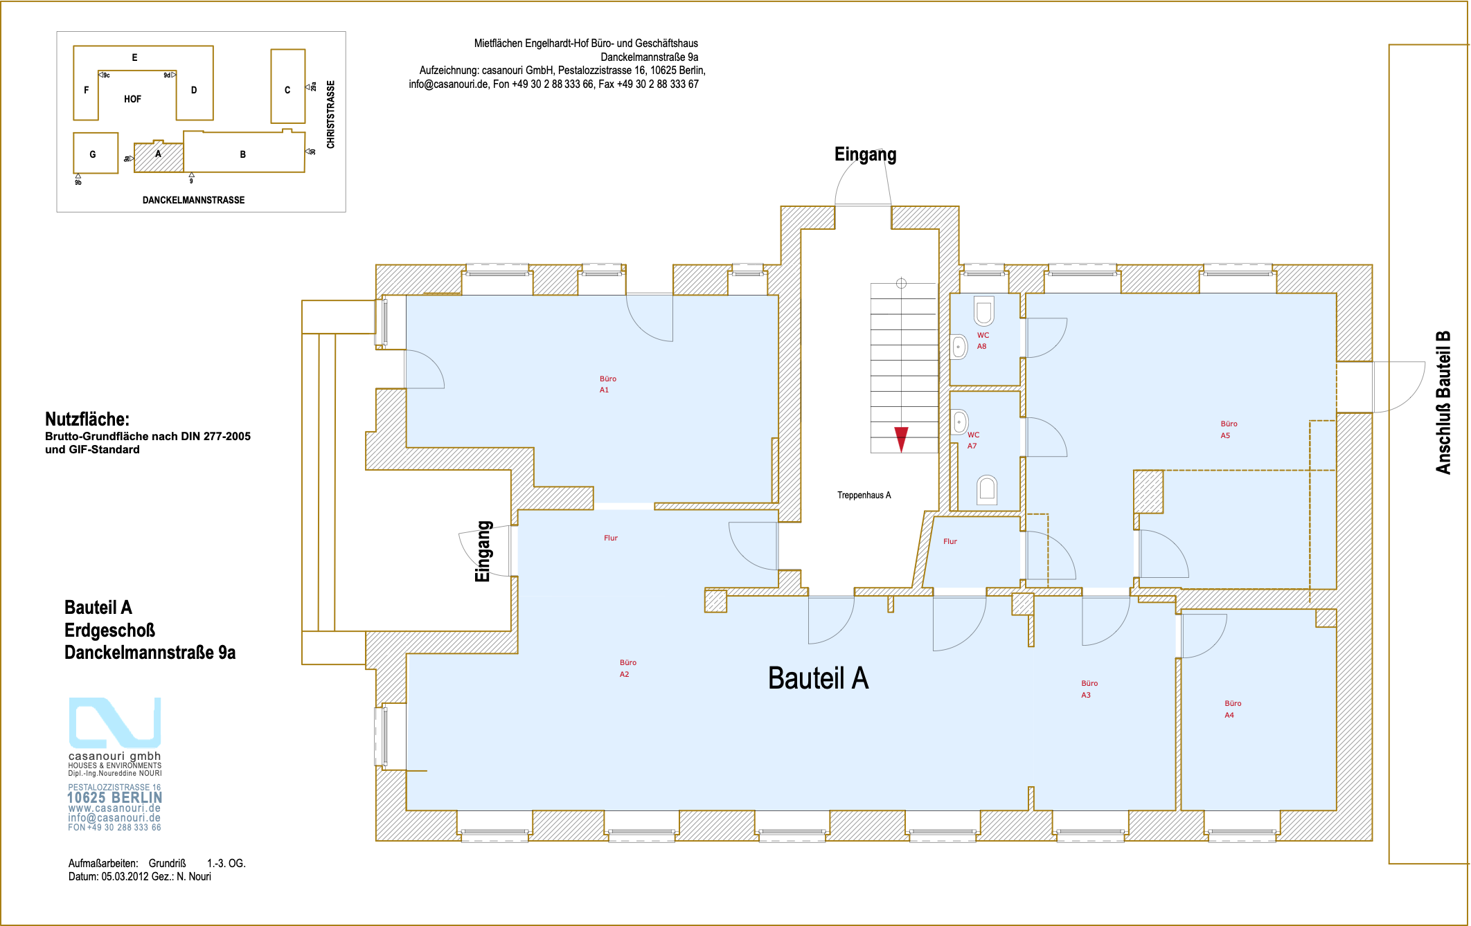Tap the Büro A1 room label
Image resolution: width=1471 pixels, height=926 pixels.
pos(607,384)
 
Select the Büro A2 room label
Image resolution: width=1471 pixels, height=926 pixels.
pos(627,669)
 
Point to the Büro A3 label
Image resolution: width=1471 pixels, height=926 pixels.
pos(1089,689)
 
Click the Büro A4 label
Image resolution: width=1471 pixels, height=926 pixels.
pos(1233,709)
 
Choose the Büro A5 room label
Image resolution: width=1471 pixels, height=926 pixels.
pos(1229,430)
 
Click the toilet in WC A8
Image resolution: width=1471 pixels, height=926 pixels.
pos(984,311)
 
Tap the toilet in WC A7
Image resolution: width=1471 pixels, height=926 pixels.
pos(987,490)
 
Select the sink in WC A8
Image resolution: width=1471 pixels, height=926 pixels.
pos(959,346)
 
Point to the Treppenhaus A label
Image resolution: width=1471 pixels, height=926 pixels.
pos(864,495)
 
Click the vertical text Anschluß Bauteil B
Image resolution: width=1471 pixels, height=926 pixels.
pos(1443,403)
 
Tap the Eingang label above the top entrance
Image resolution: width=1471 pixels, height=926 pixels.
pos(865,154)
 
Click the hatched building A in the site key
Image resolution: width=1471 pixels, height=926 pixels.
pos(159,157)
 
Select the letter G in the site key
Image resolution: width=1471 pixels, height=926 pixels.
pos(93,154)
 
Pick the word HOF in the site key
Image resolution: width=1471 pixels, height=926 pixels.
pos(132,99)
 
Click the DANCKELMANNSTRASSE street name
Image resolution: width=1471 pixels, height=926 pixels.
pos(193,200)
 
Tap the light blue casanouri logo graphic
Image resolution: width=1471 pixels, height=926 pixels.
pos(115,722)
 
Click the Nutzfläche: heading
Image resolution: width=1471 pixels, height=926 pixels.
pos(87,419)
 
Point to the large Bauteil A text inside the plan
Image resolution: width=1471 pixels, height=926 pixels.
pos(818,678)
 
